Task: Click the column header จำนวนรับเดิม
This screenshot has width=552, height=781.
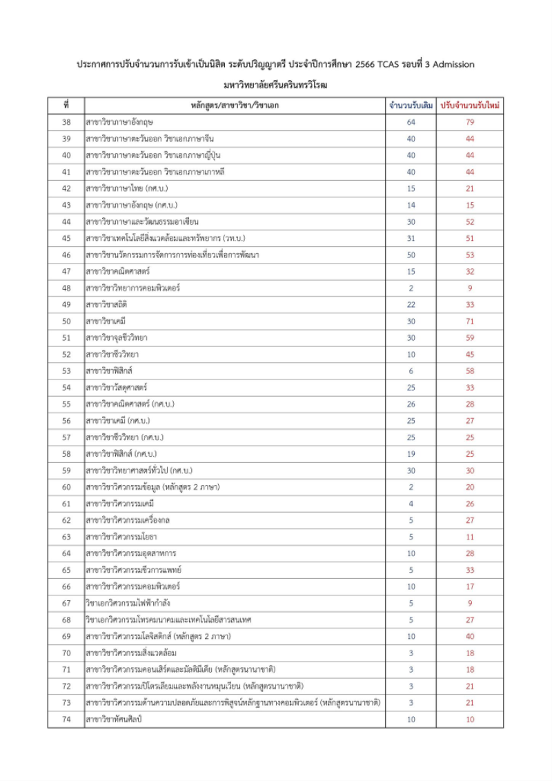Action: point(411,106)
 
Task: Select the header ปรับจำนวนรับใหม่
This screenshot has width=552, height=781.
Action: point(471,106)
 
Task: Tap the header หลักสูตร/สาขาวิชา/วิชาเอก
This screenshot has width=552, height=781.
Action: point(235,106)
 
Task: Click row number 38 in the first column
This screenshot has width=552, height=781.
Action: point(66,122)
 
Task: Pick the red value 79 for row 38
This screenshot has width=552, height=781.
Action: point(471,122)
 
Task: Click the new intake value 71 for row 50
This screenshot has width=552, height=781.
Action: point(471,321)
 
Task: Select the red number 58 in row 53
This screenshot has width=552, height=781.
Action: point(471,370)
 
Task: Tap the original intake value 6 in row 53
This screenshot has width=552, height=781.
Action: point(411,370)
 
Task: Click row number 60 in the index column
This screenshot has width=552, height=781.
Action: point(66,486)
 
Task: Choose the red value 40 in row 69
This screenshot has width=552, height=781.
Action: point(471,635)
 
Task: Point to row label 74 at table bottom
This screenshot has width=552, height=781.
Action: point(66,719)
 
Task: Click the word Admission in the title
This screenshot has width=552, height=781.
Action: point(451,64)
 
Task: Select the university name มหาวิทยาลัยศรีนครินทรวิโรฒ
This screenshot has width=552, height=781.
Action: point(276,86)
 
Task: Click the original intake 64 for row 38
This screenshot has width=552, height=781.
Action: point(411,122)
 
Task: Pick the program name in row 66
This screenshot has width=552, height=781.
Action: point(133,586)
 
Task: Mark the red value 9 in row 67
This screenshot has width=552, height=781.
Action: point(471,602)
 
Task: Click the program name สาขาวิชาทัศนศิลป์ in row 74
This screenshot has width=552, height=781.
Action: point(115,719)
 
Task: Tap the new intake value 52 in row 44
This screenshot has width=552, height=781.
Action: point(471,221)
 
